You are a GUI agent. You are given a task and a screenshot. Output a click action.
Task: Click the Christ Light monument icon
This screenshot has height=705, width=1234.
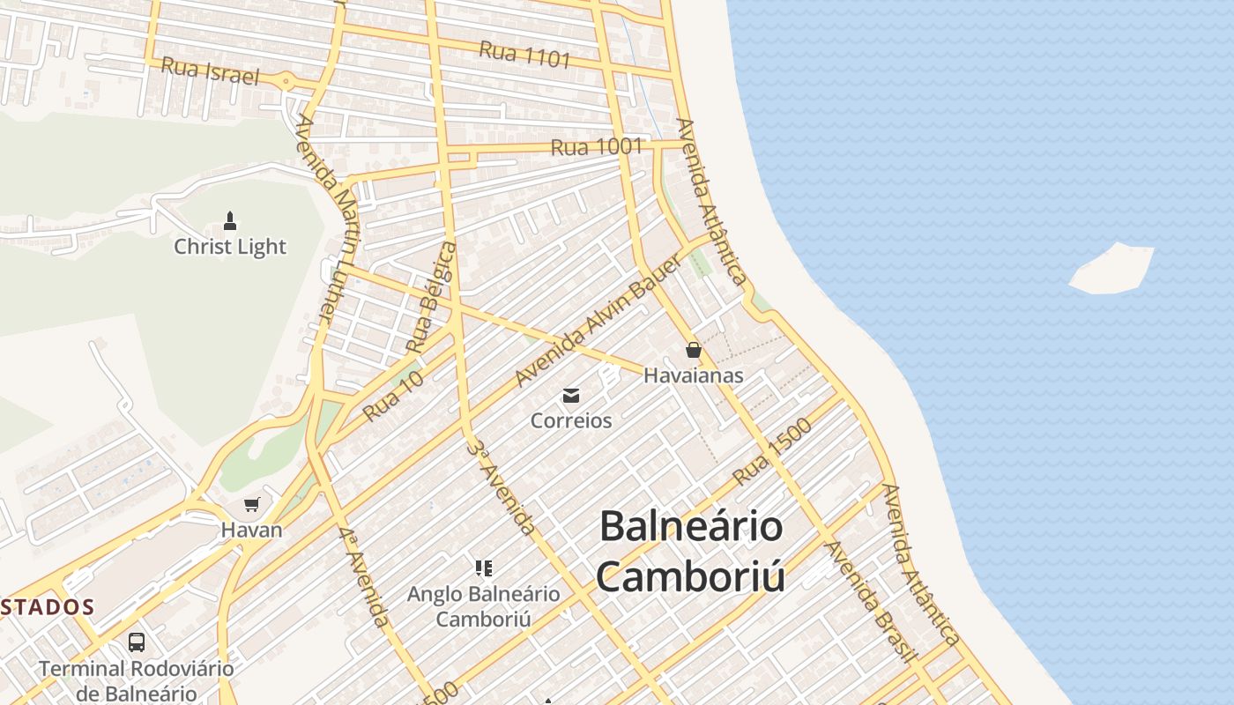pyautogui.click(x=230, y=220)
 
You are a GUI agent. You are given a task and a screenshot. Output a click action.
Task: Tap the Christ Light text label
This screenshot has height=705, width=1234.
pyautogui.click(x=230, y=247)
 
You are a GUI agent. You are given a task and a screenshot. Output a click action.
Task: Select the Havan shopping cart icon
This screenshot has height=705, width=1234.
pyautogui.click(x=252, y=505)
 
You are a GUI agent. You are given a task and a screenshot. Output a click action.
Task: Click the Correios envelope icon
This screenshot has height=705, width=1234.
pyautogui.click(x=571, y=396)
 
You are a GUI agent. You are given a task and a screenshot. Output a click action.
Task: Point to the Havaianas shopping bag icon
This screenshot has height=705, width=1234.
pyautogui.click(x=694, y=350)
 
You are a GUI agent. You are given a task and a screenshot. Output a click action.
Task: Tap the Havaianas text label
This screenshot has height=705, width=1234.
pyautogui.click(x=694, y=375)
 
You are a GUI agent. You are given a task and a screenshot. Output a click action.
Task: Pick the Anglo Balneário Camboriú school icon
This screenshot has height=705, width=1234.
pyautogui.click(x=483, y=568)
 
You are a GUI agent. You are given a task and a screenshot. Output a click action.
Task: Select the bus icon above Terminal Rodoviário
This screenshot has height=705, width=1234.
pyautogui.click(x=136, y=642)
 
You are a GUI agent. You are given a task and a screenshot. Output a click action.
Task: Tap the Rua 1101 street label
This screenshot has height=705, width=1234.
pyautogui.click(x=525, y=55)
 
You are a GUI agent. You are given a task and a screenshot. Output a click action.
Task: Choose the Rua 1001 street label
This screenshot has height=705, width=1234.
pyautogui.click(x=597, y=147)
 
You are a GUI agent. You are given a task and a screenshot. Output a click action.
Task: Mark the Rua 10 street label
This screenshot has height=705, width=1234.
pyautogui.click(x=394, y=395)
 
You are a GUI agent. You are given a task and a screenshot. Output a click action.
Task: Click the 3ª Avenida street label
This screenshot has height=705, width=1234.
pyautogui.click(x=501, y=488)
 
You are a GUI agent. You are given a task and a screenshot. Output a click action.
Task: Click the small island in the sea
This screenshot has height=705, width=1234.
pyautogui.click(x=1111, y=269)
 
